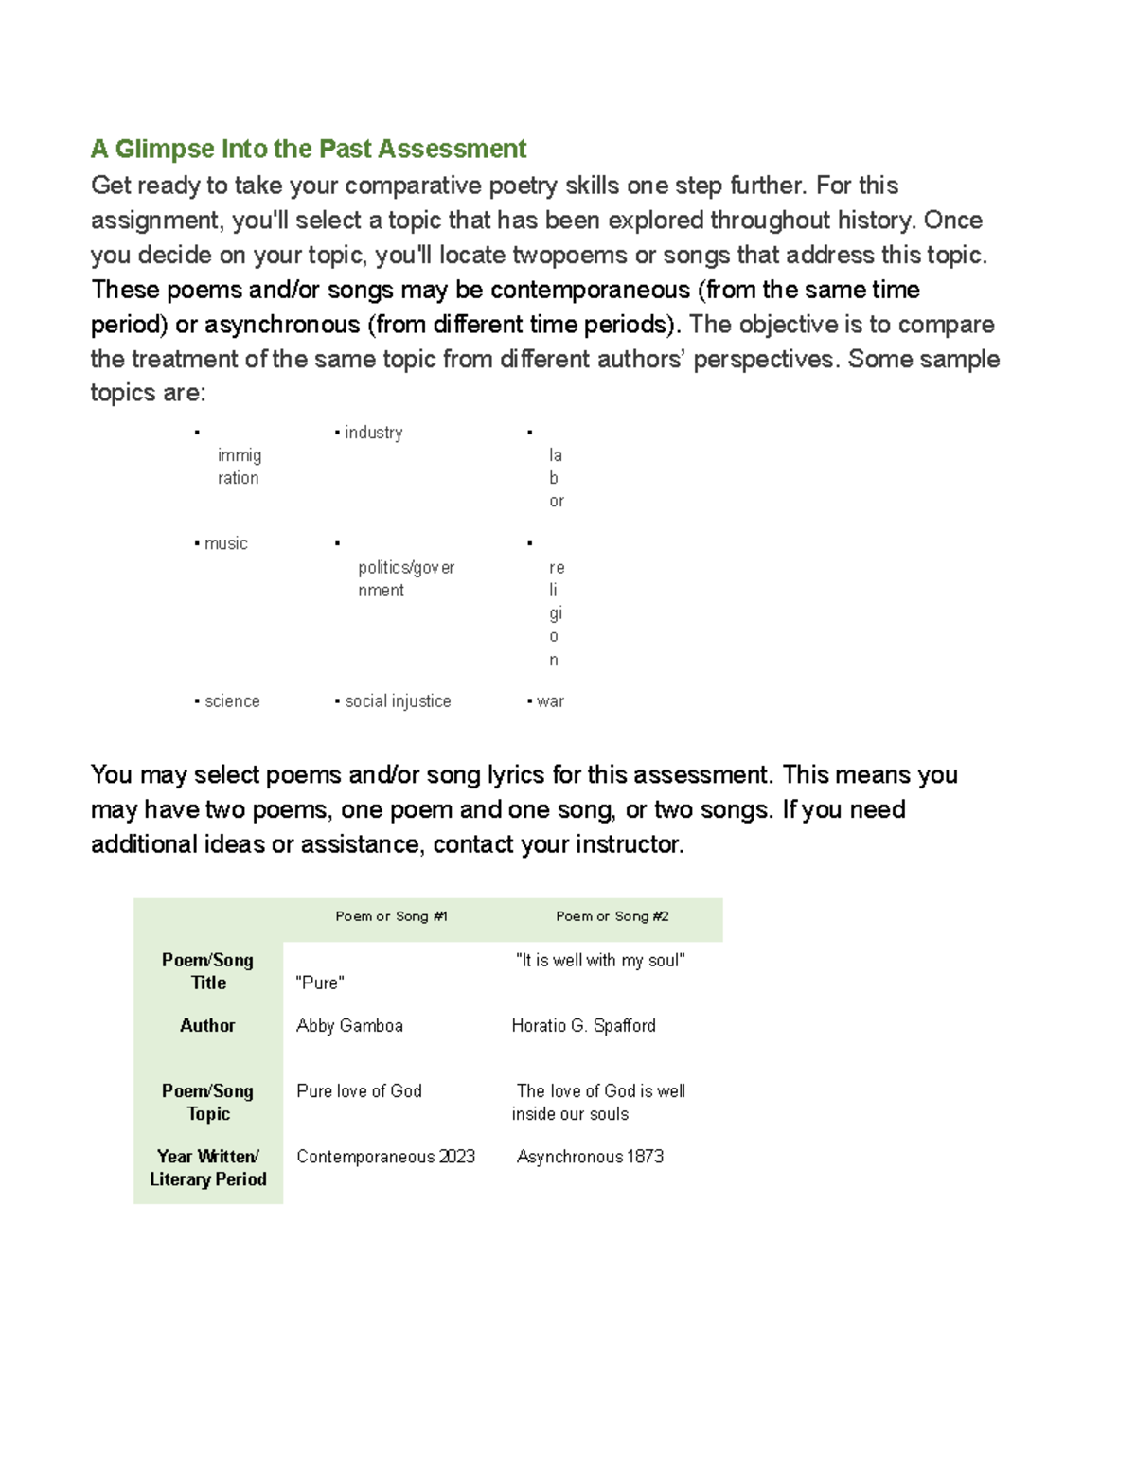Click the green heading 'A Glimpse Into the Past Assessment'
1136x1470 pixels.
coord(309,149)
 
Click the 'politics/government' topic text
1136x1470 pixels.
coord(405,578)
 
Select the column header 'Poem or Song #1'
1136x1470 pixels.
coord(391,916)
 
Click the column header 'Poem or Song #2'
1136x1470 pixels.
coord(612,916)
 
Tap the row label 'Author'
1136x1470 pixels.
coord(207,1026)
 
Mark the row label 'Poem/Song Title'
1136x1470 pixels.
coord(207,971)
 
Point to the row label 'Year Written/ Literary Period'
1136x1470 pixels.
coord(207,1168)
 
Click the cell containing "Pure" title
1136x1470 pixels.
coord(320,983)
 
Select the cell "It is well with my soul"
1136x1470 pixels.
coord(600,961)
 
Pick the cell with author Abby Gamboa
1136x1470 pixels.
coord(349,1026)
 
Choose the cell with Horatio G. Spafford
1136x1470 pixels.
coord(583,1026)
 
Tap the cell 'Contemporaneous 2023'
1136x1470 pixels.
coord(385,1157)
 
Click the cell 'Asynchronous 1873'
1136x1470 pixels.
coord(590,1157)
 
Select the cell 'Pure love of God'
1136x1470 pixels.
coord(359,1091)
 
